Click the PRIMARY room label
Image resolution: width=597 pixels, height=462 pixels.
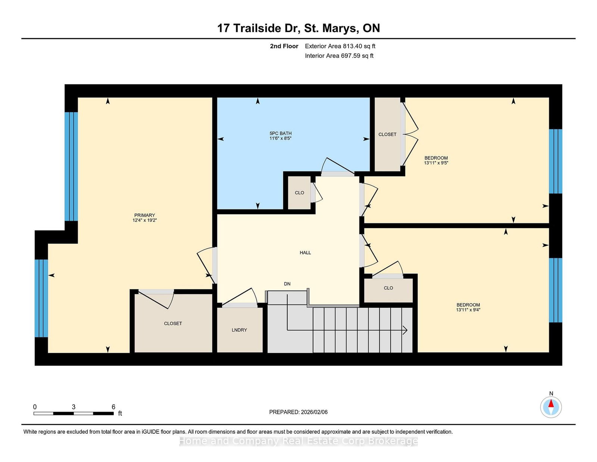144,215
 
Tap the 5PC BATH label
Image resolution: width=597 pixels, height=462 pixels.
281,133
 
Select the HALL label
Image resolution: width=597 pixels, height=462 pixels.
305,253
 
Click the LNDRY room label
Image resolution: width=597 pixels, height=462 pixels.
239,330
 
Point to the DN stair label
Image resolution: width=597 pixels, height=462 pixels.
287,284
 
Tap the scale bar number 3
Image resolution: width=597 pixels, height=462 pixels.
74,407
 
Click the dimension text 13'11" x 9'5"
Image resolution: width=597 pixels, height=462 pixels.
436,163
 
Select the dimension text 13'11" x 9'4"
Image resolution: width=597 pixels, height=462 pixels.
468,310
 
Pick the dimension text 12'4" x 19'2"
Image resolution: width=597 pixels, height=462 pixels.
144,220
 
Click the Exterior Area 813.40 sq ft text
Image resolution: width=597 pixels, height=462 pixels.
340,46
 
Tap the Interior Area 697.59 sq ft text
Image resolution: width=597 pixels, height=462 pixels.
339,56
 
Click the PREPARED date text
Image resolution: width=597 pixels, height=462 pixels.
298,412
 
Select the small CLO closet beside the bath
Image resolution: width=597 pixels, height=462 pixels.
300,193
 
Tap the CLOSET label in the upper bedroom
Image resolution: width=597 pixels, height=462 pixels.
387,134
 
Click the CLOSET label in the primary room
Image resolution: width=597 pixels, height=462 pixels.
173,324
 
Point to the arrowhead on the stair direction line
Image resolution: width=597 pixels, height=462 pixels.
405,330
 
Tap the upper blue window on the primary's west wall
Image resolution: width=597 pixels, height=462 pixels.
71,166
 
